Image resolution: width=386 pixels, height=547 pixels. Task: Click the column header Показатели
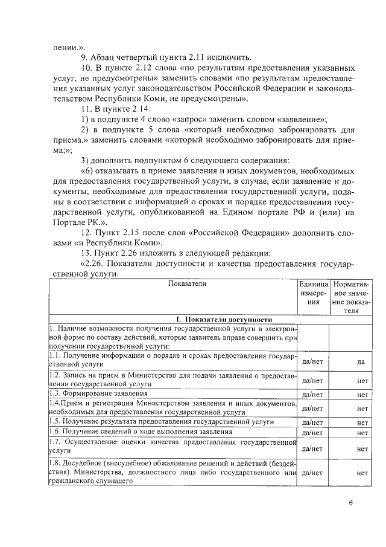171,283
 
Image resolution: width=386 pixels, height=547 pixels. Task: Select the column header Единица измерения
312,293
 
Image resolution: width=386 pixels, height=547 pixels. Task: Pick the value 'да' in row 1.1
361,361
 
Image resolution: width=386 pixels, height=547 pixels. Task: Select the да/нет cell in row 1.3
312,395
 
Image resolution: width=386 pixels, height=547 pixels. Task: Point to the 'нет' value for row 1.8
362,473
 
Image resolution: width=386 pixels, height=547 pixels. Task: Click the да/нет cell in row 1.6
312,433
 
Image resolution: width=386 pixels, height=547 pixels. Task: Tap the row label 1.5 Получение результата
161,421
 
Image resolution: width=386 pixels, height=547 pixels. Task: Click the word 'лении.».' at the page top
66,47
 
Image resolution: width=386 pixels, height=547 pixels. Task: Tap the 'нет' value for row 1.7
362,449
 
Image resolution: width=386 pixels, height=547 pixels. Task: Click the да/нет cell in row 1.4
312,408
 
